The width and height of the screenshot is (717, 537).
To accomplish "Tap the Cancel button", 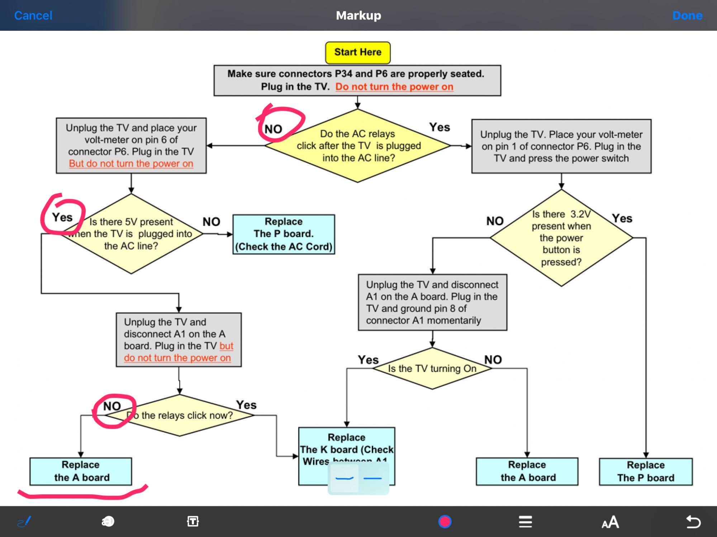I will click(x=33, y=15).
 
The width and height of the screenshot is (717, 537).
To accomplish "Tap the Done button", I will click(x=687, y=15).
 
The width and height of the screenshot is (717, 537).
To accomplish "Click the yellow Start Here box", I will click(x=358, y=52).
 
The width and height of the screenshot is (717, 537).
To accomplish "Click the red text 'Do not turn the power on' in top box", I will click(x=394, y=87).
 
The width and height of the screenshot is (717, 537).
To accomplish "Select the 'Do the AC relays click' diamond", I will click(x=358, y=146).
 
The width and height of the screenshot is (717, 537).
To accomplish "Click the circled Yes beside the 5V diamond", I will click(x=62, y=217).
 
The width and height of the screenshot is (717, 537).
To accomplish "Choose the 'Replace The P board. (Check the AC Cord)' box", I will click(x=284, y=234).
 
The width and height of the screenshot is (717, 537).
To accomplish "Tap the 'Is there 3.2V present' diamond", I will click(x=561, y=238).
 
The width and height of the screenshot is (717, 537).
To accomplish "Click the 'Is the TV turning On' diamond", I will click(x=432, y=368).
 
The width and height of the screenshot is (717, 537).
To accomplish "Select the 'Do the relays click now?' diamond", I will click(x=180, y=415).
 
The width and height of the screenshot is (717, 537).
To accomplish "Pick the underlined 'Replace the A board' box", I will click(x=81, y=471).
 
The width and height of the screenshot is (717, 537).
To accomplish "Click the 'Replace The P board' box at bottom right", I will click(x=646, y=471).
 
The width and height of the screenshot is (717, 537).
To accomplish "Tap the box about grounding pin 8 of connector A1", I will click(x=432, y=303).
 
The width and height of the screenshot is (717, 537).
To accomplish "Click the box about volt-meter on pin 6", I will click(x=131, y=146).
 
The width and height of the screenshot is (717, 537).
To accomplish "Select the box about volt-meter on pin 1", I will click(x=561, y=146).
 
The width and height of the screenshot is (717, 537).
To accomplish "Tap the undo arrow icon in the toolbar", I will click(x=693, y=522).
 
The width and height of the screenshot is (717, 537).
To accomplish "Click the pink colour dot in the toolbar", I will click(x=445, y=522).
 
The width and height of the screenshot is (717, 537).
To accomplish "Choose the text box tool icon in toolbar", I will click(x=193, y=522).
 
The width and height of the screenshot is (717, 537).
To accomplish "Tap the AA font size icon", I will click(x=610, y=522).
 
